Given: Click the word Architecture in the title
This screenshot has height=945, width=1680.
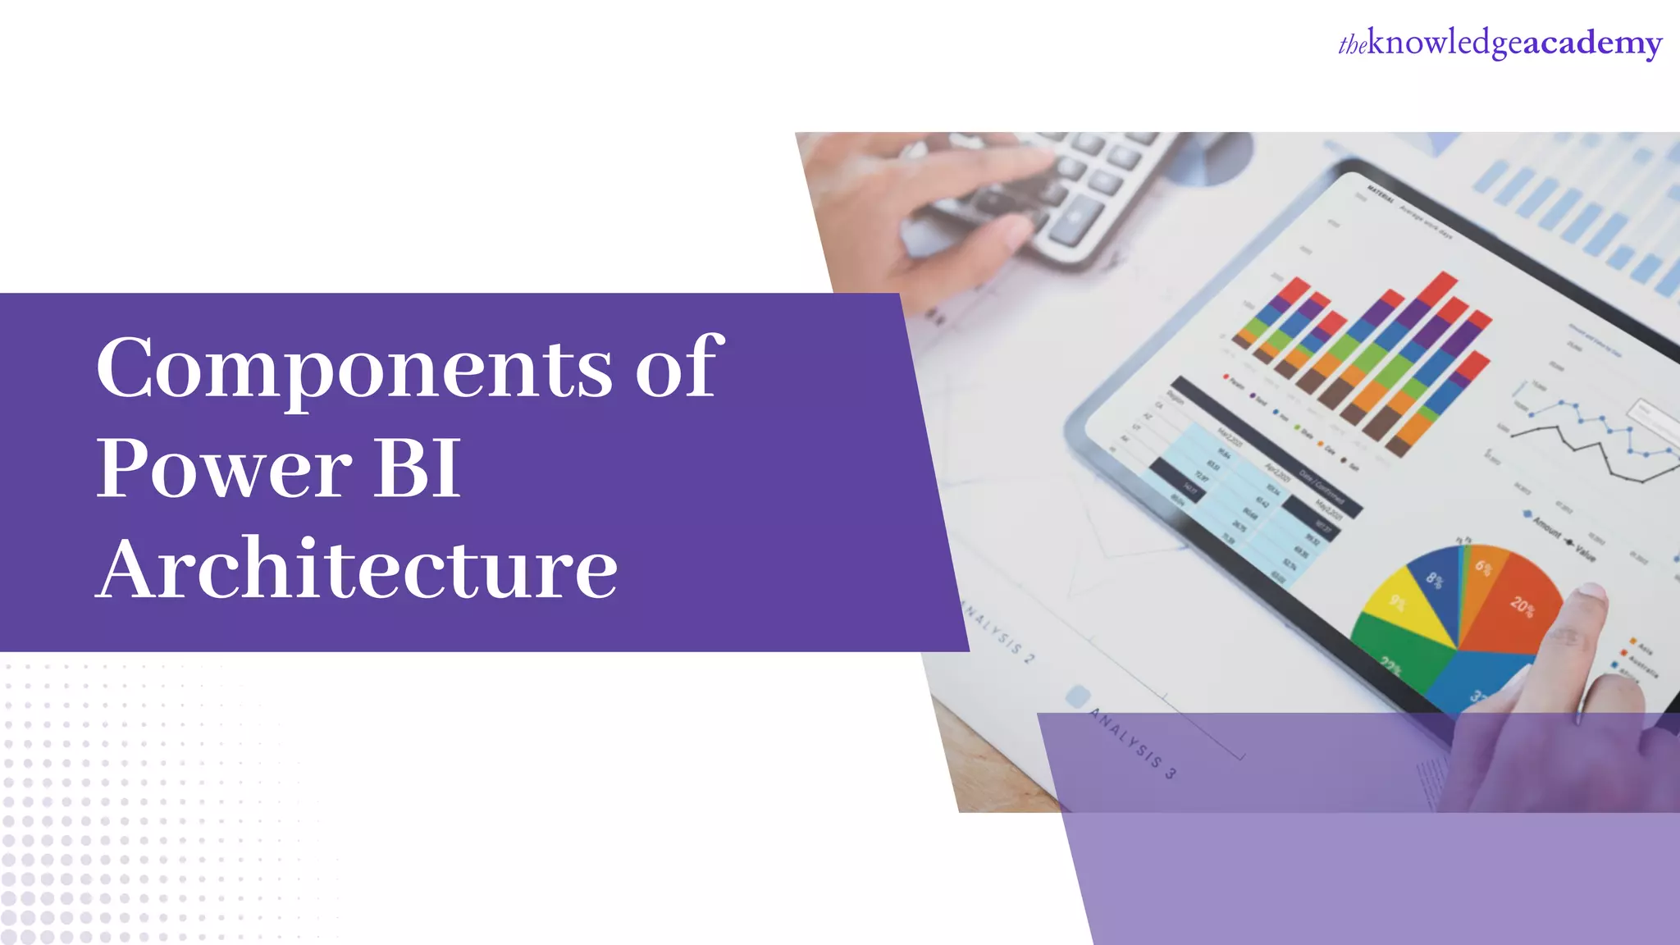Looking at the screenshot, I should coord(357,568).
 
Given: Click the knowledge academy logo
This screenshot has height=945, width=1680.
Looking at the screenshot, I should coord(1500,43).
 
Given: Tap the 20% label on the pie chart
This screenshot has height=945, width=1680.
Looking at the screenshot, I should coord(1522,606).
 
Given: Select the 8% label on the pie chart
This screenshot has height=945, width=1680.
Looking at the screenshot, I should coord(1434,580).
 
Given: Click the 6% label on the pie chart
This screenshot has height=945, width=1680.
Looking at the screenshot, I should coord(1483,567).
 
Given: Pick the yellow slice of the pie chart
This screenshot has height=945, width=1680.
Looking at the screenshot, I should coord(1403,611).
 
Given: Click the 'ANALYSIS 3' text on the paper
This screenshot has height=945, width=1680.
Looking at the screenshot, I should coord(1133,743).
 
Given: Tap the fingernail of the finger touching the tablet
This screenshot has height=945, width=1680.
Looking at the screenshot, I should coord(1591,591).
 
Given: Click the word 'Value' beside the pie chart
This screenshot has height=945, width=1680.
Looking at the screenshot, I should coord(1585,552).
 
